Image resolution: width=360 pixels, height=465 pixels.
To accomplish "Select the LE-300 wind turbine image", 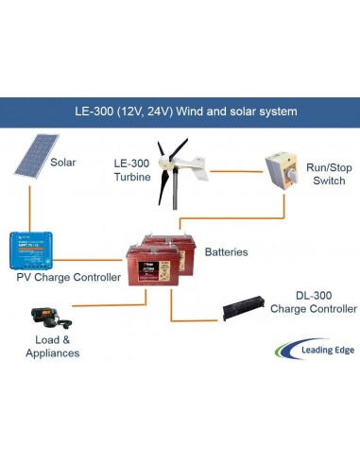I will [x=176, y=171].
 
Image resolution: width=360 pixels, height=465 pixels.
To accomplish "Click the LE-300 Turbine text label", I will [x=132, y=170].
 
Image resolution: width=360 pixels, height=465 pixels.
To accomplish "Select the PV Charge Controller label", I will [x=68, y=278].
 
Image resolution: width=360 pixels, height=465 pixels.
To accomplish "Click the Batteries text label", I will [x=226, y=252].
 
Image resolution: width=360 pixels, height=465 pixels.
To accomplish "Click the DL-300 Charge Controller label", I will [x=312, y=302].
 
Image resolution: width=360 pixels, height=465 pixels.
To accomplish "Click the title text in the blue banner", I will [x=186, y=111].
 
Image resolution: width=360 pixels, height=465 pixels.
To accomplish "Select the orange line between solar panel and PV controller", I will [x=31, y=206].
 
